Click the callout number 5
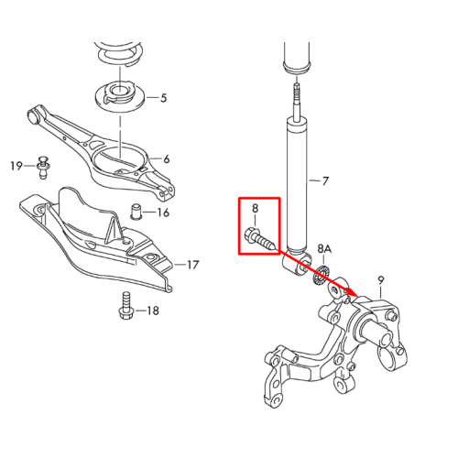163,98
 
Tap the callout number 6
166,159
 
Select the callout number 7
325,181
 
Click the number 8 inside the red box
255,208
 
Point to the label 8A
324,249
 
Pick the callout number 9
381,280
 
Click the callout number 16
163,213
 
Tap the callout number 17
192,265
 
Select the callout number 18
153,311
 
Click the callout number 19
16,166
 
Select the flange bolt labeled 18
125,306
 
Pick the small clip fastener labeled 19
44,168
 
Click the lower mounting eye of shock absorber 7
297,263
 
